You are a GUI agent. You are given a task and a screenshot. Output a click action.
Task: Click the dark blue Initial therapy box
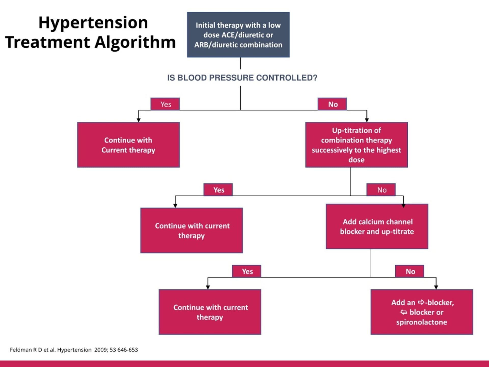(238, 35)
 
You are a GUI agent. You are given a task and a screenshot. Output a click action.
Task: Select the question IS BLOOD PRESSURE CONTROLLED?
(242, 78)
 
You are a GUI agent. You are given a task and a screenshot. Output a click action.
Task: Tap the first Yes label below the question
(165, 104)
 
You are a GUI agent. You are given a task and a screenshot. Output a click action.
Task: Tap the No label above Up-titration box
(332, 104)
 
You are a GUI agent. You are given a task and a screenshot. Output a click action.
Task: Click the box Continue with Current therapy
(128, 145)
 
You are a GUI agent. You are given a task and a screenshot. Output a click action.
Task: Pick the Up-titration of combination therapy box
(356, 145)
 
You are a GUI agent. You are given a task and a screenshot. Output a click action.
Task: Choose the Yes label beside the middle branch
(218, 190)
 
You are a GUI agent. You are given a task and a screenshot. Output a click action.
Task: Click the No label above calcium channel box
(381, 190)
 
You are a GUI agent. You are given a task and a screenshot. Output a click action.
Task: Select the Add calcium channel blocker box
(377, 226)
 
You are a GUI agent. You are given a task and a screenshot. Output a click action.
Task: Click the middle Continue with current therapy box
(192, 230)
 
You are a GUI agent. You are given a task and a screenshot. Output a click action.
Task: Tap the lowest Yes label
(247, 271)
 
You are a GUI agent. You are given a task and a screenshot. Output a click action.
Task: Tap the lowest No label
(410, 271)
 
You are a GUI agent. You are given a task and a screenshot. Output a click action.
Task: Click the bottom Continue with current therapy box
(210, 312)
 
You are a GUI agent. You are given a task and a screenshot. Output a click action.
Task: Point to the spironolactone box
(422, 312)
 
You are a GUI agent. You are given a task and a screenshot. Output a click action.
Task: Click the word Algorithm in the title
(135, 42)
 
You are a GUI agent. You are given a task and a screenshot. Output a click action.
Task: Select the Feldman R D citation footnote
(74, 350)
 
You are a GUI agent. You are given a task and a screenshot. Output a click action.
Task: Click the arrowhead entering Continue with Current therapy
(139, 120)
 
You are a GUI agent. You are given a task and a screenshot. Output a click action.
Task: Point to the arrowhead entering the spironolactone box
(436, 287)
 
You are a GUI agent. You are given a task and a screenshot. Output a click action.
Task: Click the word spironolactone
(422, 322)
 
